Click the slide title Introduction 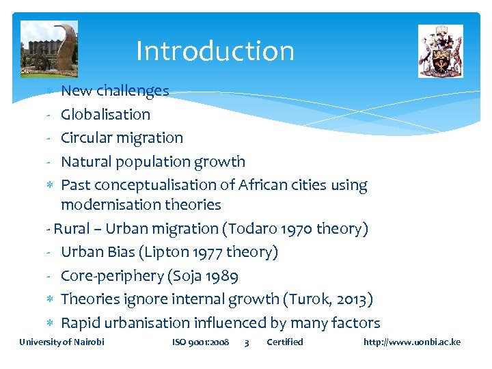pyautogui.click(x=215, y=51)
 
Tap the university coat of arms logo pyautogui.click(x=440, y=51)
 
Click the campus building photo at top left pyautogui.click(x=49, y=49)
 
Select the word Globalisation pyautogui.click(x=105, y=114)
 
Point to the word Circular pyautogui.click(x=87, y=138)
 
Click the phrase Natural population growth pyautogui.click(x=152, y=162)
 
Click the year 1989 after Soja pyautogui.click(x=221, y=276)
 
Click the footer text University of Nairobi pyautogui.click(x=61, y=342)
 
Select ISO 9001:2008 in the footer pyautogui.click(x=200, y=342)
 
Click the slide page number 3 pyautogui.click(x=247, y=342)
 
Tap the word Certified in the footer pyautogui.click(x=284, y=342)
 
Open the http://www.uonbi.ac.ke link pyautogui.click(x=411, y=342)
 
